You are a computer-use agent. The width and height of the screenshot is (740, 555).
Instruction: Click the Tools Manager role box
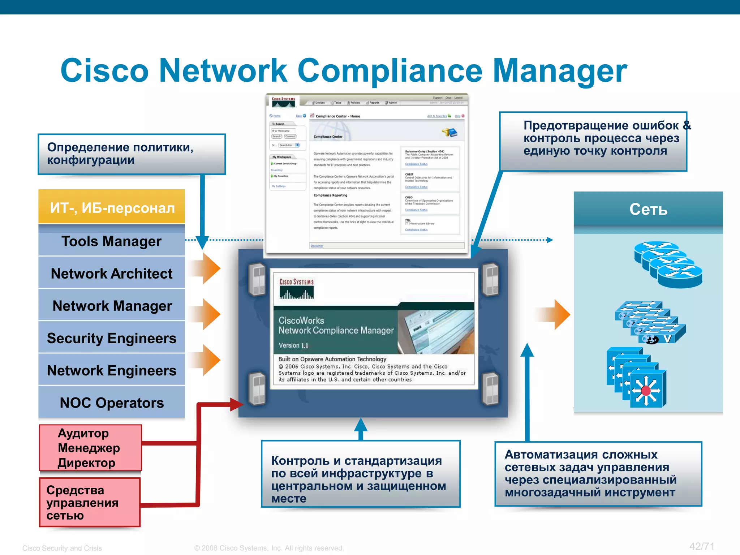tap(111, 241)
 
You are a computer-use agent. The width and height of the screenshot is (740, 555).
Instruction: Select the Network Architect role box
tap(111, 274)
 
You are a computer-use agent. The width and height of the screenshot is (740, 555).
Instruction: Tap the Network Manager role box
tap(111, 306)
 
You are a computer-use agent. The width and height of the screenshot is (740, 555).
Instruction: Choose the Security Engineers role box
tap(111, 338)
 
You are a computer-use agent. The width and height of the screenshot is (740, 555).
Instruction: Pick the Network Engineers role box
tap(111, 370)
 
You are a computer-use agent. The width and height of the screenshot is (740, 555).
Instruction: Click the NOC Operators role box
tap(111, 403)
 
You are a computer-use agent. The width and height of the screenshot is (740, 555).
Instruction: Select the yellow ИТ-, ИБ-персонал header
tap(112, 208)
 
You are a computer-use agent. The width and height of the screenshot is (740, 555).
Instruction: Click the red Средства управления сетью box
tap(89, 502)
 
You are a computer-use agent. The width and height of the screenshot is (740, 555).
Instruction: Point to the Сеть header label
tap(648, 209)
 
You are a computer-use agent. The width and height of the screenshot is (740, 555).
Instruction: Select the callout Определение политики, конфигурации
tap(132, 154)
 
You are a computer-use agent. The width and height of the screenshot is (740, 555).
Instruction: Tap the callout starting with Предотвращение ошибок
tap(593, 141)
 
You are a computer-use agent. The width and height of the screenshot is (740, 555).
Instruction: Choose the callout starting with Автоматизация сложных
tap(598, 474)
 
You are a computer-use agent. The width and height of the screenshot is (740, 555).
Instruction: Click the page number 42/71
tap(702, 546)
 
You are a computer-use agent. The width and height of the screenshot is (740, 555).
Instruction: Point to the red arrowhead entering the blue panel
tap(237, 404)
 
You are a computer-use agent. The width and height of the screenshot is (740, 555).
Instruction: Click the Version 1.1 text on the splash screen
tap(293, 345)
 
